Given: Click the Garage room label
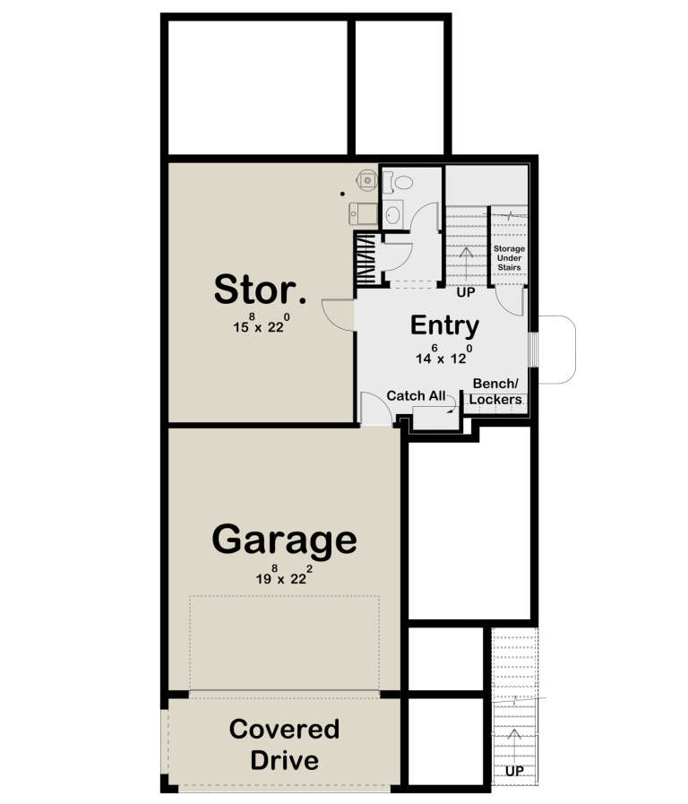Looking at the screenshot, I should (x=284, y=540).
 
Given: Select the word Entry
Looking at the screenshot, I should (x=444, y=325).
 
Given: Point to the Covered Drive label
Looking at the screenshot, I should (x=284, y=745).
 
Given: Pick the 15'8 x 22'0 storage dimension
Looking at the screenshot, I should (x=261, y=324).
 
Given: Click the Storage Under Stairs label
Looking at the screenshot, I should (x=509, y=257).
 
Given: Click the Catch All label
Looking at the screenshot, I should (x=416, y=395).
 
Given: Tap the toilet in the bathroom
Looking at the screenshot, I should (x=401, y=182).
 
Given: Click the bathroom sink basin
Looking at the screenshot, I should (x=394, y=214).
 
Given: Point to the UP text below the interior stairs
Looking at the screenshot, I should (x=466, y=293).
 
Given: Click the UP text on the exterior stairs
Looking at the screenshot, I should (x=514, y=771).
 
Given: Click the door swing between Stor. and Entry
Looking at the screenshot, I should (x=337, y=314).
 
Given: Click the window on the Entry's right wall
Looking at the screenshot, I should (x=535, y=350).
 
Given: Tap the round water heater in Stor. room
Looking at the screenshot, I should (x=367, y=180).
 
